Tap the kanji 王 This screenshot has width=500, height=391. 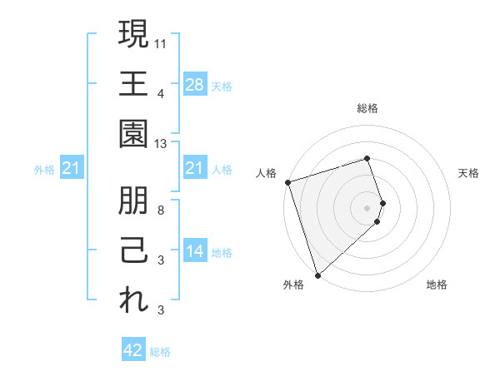133,83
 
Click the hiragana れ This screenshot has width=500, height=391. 133,300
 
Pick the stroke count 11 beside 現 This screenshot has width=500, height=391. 161,42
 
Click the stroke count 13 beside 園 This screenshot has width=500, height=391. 161,143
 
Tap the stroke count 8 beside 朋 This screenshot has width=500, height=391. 161,210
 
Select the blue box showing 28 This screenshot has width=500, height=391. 195,84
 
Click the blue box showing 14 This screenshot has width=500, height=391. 195,251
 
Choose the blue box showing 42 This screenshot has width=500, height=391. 133,350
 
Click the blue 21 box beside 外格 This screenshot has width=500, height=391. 72,169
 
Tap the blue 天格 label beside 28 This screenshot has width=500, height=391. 222,87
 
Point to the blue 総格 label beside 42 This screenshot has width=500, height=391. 160,352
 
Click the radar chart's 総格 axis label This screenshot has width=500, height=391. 367,108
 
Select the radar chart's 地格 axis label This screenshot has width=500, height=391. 437,285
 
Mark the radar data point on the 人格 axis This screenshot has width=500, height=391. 287,182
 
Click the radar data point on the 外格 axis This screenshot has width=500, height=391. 317,274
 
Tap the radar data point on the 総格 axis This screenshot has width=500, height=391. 367,159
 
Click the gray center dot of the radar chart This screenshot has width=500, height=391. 367,206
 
